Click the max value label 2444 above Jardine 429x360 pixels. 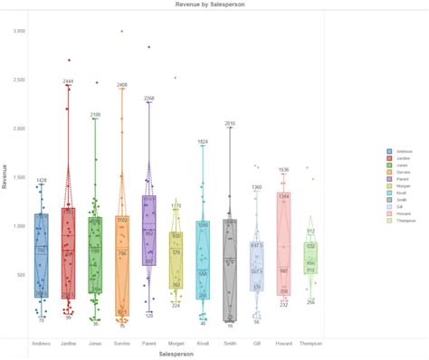coord(68,81)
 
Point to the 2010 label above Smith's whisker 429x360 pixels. coord(230,123)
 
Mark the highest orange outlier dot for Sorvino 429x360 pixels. coord(122,31)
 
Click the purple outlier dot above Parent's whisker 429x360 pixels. coord(149,47)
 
